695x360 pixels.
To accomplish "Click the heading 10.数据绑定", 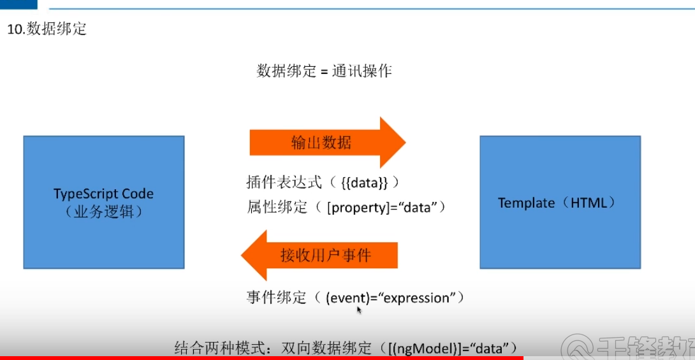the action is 47,29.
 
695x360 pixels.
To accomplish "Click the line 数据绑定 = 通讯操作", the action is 324,71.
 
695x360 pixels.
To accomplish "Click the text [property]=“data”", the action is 384,207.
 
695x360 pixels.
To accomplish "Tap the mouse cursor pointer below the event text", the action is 359,310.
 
